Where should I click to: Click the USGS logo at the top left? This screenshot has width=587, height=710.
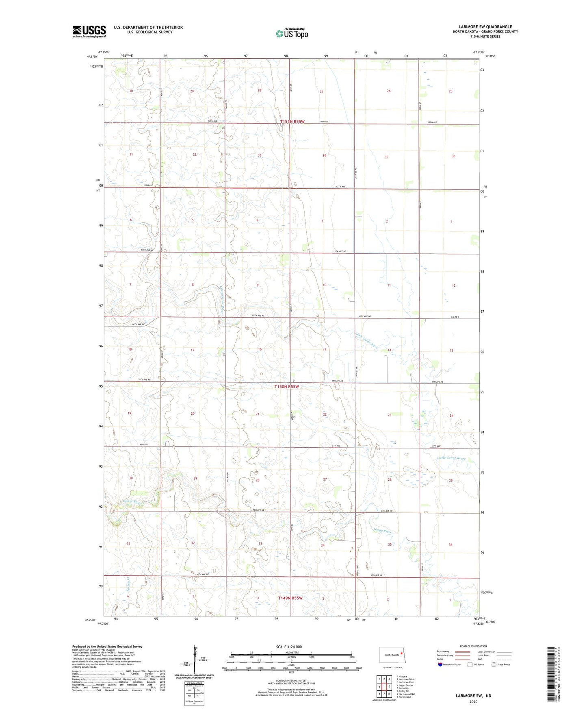89,31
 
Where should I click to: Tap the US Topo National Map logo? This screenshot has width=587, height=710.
292,33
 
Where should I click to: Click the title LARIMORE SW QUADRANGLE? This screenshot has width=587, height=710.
485,27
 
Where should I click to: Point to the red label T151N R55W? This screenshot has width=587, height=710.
292,122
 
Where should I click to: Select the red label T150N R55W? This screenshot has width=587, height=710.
286,387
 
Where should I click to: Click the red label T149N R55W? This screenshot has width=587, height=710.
290,598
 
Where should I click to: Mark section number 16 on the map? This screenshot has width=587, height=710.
260,349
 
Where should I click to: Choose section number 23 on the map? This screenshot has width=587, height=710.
389,415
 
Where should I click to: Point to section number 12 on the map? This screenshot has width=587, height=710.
453,285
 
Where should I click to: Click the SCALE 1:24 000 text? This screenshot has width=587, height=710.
289,647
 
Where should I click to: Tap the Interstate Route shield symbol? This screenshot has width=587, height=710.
440,664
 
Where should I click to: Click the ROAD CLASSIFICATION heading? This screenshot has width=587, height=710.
473,646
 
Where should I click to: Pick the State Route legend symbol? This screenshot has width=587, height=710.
494,664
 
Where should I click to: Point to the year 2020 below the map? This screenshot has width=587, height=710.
473,701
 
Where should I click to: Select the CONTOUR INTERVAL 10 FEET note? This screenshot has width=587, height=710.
291,681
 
